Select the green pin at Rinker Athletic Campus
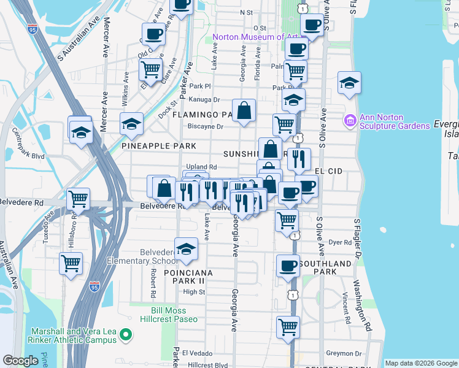click(x=126, y=335)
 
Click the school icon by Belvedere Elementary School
click(x=185, y=248)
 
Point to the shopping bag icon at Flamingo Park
click(x=244, y=111)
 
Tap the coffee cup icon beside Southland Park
click(x=287, y=266)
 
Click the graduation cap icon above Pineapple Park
click(x=131, y=124)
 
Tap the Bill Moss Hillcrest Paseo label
click(x=175, y=315)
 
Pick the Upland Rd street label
click(x=202, y=167)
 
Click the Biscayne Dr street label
click(x=206, y=127)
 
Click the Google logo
click(x=21, y=360)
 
